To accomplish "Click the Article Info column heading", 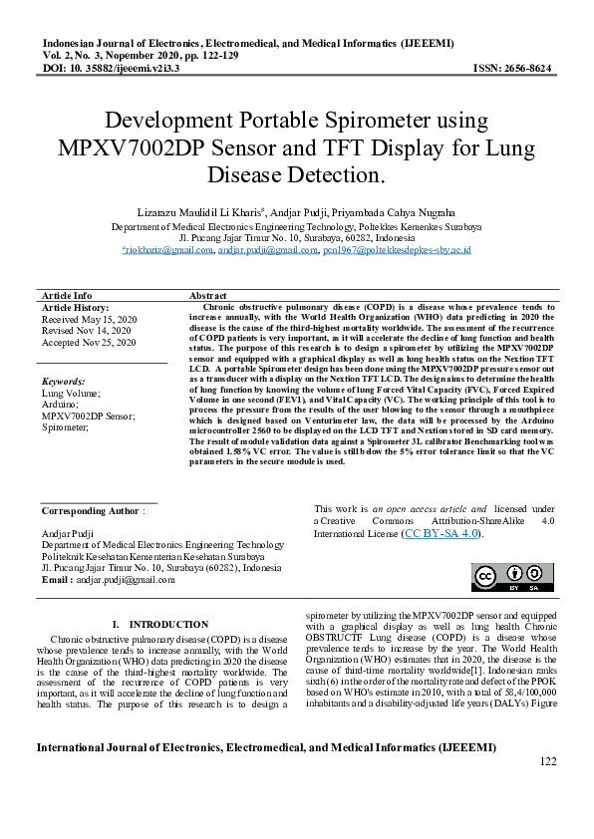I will click(67, 296).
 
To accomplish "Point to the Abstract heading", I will click(208, 296).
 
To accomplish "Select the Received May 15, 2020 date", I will click(89, 319).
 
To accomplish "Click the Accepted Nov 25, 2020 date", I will click(89, 342).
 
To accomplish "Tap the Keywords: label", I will click(64, 382).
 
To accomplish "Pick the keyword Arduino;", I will click(59, 405).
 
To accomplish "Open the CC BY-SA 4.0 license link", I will click(442, 534).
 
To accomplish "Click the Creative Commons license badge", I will click(513, 578).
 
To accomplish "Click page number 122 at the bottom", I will click(547, 762).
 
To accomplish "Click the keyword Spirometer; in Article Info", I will click(65, 426).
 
